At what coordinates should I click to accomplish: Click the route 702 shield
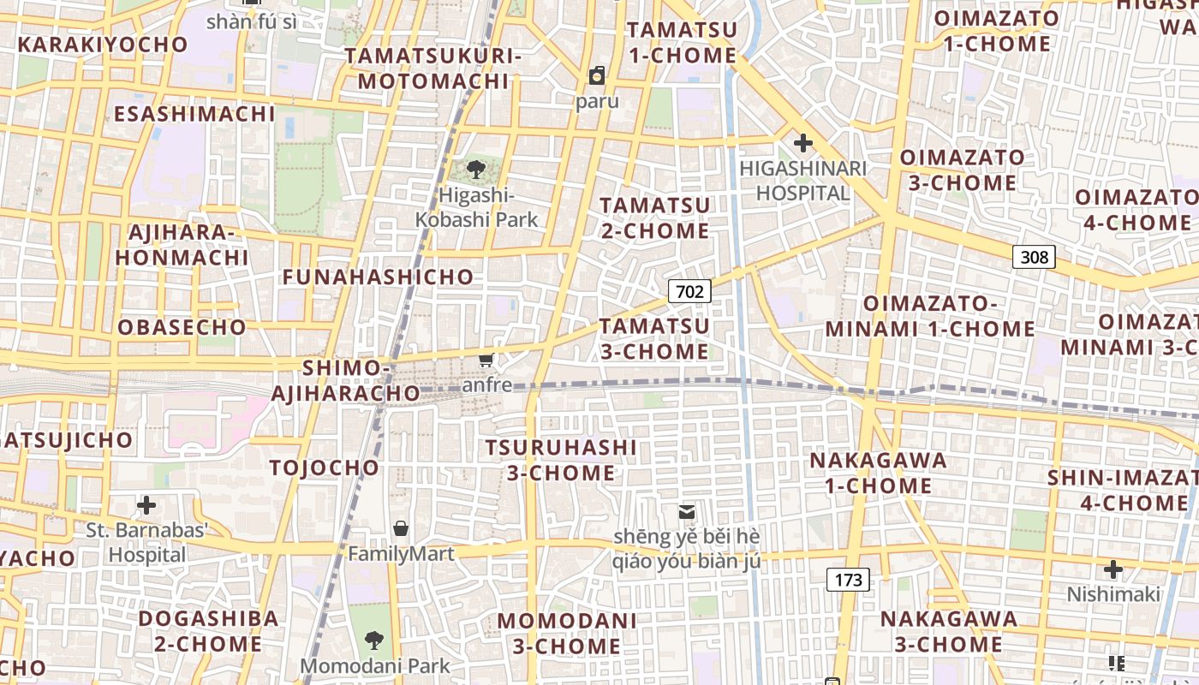[x=689, y=292]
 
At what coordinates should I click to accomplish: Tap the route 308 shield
[x=1034, y=257]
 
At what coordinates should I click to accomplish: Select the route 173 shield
[x=848, y=580]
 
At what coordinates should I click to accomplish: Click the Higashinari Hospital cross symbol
[x=802, y=143]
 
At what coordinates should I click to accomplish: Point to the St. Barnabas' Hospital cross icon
[x=146, y=504]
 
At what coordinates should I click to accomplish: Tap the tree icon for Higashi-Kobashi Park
[x=476, y=169]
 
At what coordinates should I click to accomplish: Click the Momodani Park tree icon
[x=373, y=639]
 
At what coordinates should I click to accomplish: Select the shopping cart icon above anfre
[x=486, y=360]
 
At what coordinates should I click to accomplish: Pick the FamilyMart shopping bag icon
[x=400, y=528]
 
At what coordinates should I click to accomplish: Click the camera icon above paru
[x=596, y=75]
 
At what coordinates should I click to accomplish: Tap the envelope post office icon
[x=686, y=511]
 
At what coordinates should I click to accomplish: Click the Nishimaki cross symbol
[x=1113, y=569]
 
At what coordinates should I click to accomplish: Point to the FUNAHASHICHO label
[x=378, y=277]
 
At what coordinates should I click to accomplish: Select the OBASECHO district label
[x=182, y=327]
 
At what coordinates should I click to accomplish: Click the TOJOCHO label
[x=324, y=468]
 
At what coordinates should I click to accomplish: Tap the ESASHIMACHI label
[x=194, y=114]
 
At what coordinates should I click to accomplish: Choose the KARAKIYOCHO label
[x=103, y=45]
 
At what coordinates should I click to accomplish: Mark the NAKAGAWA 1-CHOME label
[x=878, y=473]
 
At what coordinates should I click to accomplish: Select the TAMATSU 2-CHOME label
[x=654, y=217]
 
